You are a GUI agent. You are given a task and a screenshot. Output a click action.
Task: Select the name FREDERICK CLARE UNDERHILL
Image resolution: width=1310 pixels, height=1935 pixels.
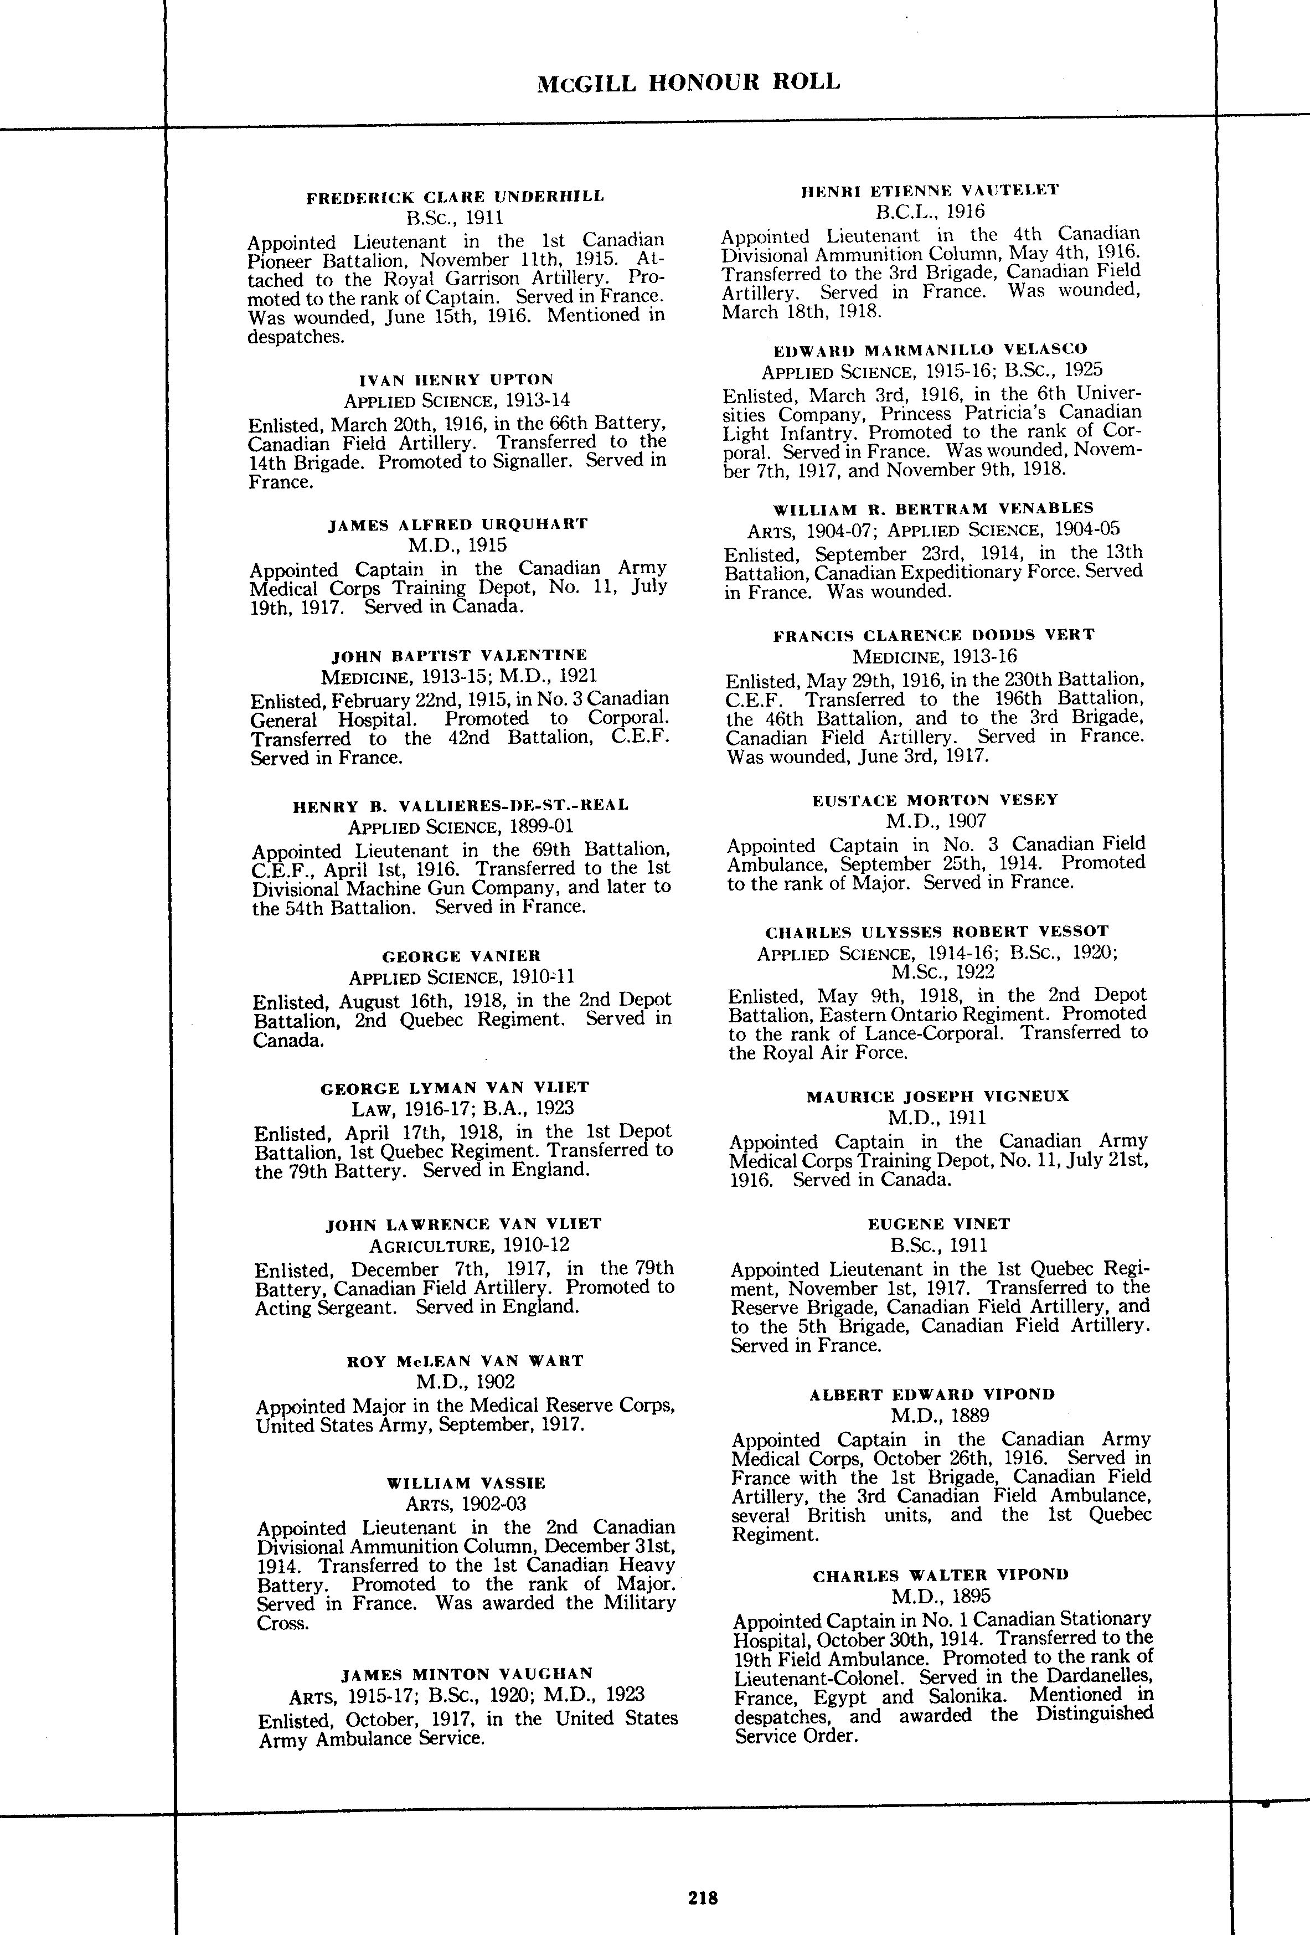[x=455, y=197]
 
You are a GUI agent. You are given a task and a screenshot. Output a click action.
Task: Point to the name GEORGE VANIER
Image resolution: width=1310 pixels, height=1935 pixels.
[x=461, y=956]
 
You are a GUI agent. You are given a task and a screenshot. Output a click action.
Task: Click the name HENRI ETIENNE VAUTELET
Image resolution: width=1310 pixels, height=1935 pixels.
[x=930, y=190]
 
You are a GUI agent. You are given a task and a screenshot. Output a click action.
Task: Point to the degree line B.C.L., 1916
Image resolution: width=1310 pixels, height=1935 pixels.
[x=930, y=212]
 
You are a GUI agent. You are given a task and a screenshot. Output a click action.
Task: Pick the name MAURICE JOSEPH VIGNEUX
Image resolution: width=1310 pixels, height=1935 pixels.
[x=937, y=1097]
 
